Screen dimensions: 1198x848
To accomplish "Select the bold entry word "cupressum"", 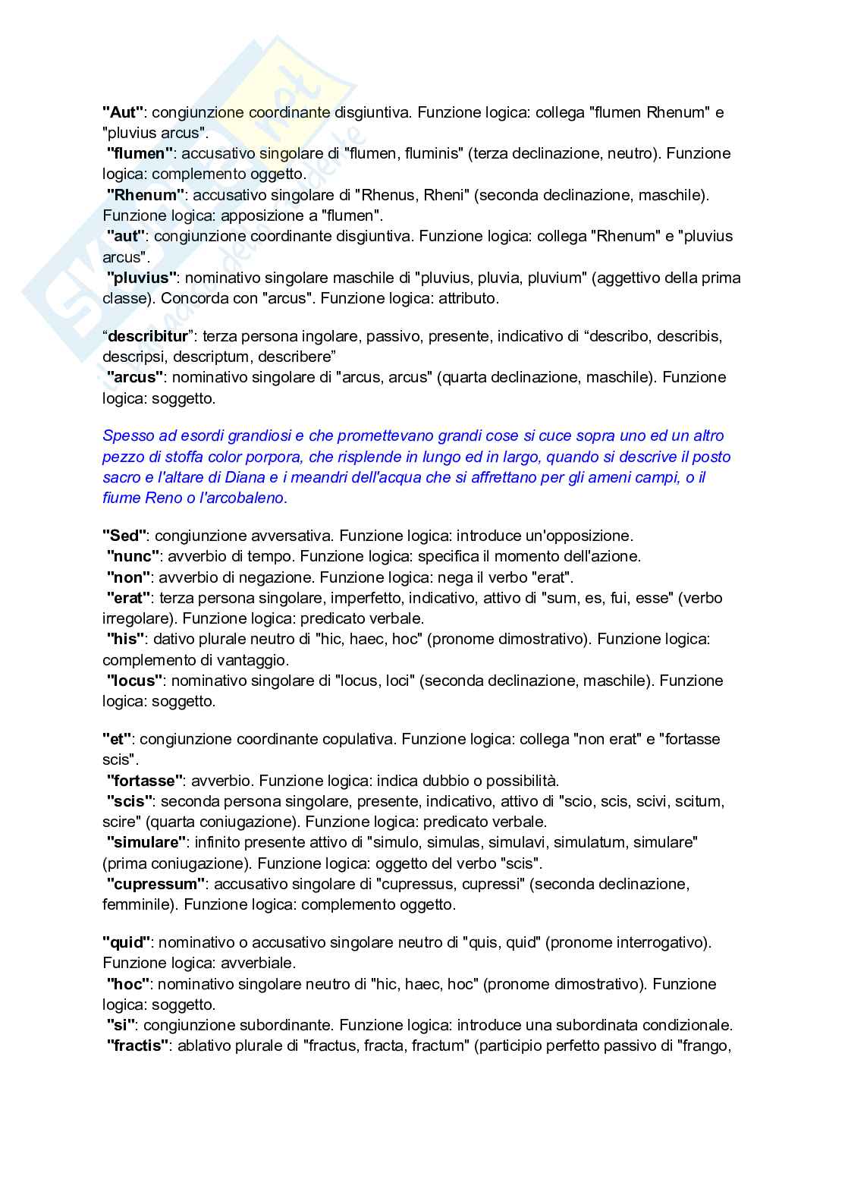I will click(x=155, y=884).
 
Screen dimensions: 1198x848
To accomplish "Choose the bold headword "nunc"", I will click(x=133, y=556).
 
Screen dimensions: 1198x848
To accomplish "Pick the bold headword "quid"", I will click(x=127, y=942).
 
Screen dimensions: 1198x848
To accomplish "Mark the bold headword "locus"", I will click(x=135, y=681).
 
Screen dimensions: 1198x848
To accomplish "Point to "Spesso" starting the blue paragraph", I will click(x=127, y=435).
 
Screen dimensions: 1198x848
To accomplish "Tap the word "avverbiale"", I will click(x=258, y=963).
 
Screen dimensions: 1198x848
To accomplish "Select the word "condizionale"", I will click(x=687, y=1025).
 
